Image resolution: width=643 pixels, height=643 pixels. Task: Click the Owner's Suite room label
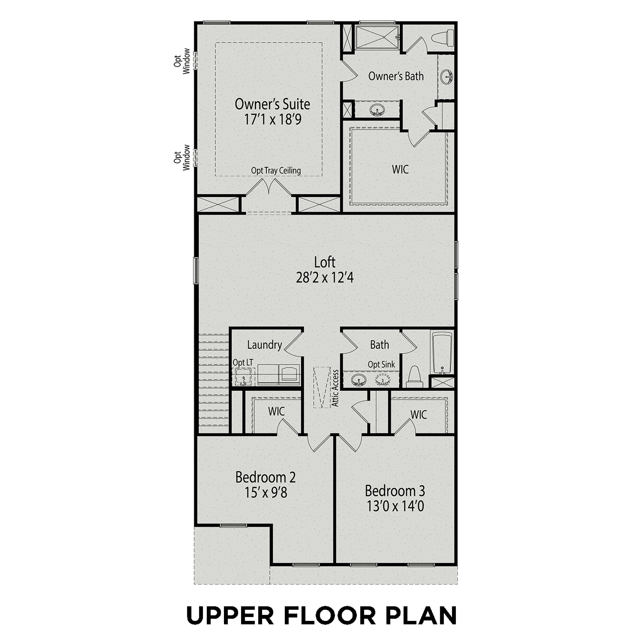[x=272, y=104]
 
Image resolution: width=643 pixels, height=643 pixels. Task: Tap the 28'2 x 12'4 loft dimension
[x=325, y=278]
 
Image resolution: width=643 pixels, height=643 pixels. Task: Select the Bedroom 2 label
[x=265, y=477]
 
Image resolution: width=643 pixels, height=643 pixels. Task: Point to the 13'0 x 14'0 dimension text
[x=395, y=506]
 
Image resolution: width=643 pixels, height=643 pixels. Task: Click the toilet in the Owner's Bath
[x=443, y=38]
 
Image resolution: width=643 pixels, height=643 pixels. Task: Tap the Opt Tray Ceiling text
[x=276, y=170]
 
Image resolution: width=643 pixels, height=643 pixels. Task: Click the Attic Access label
[x=335, y=388]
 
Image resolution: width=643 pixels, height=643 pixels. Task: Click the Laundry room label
[x=264, y=345]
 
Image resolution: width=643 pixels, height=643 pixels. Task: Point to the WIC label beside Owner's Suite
[x=400, y=169]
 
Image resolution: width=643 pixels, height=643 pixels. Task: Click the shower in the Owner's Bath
[x=377, y=37]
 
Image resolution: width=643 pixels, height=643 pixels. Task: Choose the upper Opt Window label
[x=182, y=61]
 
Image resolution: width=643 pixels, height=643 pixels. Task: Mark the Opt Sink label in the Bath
[x=381, y=364]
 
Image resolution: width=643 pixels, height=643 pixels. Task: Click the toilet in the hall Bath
[x=415, y=377]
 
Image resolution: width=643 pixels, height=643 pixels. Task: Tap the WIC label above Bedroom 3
[x=419, y=415]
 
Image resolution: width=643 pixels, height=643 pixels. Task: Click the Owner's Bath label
[x=396, y=76]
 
